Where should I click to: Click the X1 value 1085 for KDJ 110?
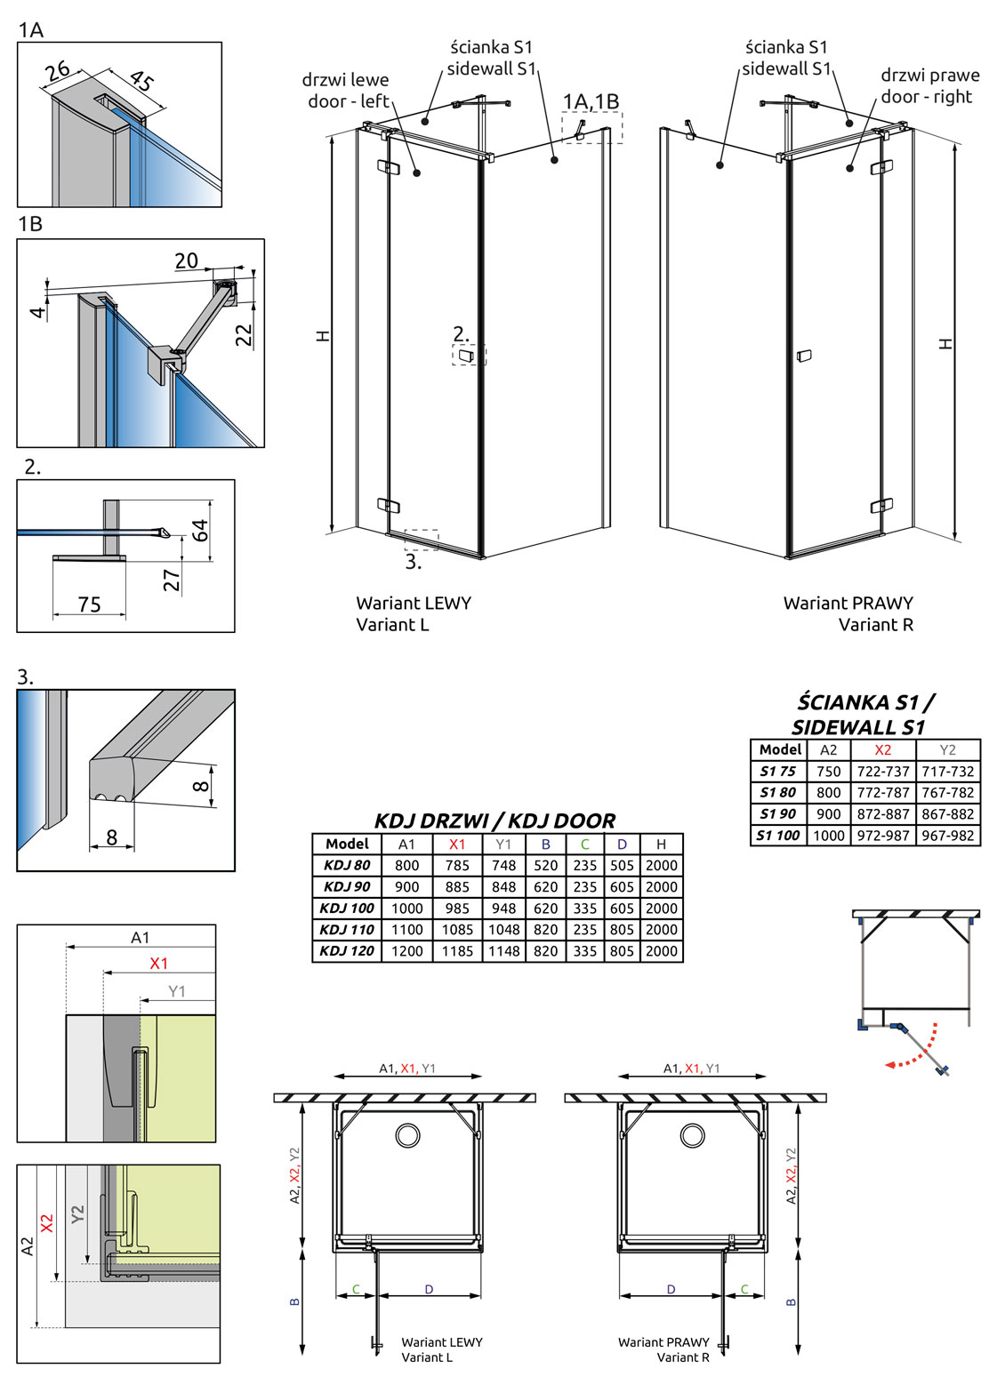[457, 930]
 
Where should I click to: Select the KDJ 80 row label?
[347, 865]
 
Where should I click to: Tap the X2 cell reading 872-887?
[883, 814]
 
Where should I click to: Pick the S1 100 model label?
[778, 836]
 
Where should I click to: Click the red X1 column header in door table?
[457, 845]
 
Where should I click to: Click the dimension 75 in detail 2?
[89, 604]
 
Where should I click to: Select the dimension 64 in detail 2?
[200, 531]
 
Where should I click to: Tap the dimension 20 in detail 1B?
[186, 260]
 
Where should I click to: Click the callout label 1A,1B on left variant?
[591, 102]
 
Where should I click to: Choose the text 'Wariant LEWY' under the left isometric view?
[414, 603]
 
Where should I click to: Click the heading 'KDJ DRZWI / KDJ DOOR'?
[494, 821]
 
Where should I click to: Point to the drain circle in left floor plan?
[408, 1135]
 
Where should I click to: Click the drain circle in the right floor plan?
[694, 1135]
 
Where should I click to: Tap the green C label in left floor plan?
[357, 1289]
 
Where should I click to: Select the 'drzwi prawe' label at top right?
[930, 76]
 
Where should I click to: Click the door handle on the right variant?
[804, 356]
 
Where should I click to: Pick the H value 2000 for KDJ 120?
[661, 951]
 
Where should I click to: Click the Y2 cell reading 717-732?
[947, 772]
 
